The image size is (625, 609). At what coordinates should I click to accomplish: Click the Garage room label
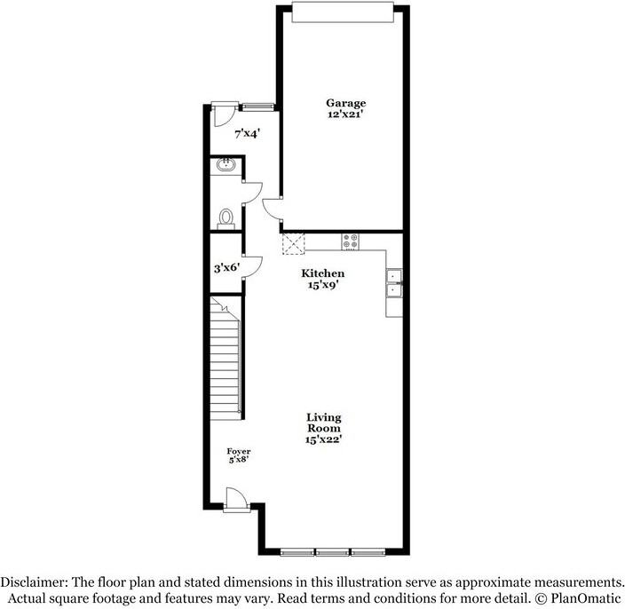pyautogui.click(x=345, y=103)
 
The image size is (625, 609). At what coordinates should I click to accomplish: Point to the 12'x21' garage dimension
pyautogui.click(x=345, y=115)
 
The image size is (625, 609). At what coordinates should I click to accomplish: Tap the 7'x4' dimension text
pyautogui.click(x=248, y=134)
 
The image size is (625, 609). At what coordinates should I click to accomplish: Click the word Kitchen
pyautogui.click(x=322, y=273)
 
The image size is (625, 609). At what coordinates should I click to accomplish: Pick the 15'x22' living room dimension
pyautogui.click(x=324, y=439)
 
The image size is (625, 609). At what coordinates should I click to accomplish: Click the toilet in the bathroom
pyautogui.click(x=225, y=217)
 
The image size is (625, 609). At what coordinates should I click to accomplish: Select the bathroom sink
pyautogui.click(x=225, y=163)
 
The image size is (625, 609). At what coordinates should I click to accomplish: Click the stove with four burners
pyautogui.click(x=350, y=240)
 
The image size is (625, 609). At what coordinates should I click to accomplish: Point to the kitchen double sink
pyautogui.click(x=393, y=281)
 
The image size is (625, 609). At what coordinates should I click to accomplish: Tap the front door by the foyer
pyautogui.click(x=235, y=500)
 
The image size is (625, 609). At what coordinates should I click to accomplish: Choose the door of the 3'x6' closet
pyautogui.click(x=252, y=265)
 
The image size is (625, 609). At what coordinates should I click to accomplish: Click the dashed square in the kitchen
pyautogui.click(x=293, y=244)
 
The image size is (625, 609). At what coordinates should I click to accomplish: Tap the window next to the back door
pyautogui.click(x=257, y=107)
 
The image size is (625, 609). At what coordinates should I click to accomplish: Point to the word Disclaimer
pyautogui.click(x=34, y=581)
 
